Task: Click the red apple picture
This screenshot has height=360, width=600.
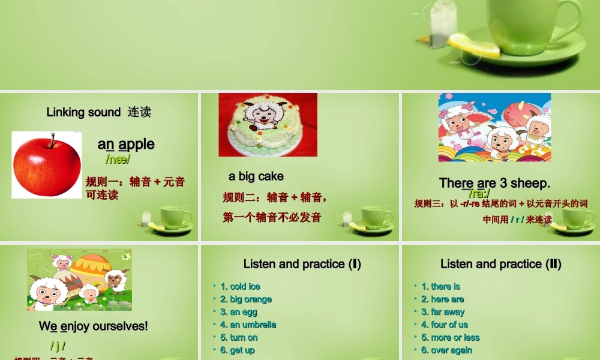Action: [x=47, y=166]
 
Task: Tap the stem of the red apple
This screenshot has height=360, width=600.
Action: [x=52, y=140]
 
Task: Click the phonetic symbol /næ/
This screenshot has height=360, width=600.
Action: [x=118, y=159]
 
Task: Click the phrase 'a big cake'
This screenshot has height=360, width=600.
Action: [x=256, y=176]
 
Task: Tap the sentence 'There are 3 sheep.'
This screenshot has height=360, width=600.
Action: [x=494, y=183]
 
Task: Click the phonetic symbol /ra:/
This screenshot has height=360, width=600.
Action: [x=479, y=193]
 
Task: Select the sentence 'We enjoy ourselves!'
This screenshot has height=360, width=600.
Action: [x=93, y=326]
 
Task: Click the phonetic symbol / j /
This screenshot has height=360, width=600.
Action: [x=58, y=346]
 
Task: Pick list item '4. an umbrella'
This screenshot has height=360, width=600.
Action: [x=248, y=325]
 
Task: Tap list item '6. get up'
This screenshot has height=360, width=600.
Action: [x=238, y=350]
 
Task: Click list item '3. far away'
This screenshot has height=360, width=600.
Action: [x=443, y=312]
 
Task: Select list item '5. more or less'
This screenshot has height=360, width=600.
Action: [x=451, y=337]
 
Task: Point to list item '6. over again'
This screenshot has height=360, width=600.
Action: [x=447, y=350]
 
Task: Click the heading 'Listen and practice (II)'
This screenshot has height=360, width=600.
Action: [x=500, y=264]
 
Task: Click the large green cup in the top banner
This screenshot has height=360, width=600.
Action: [x=534, y=24]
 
